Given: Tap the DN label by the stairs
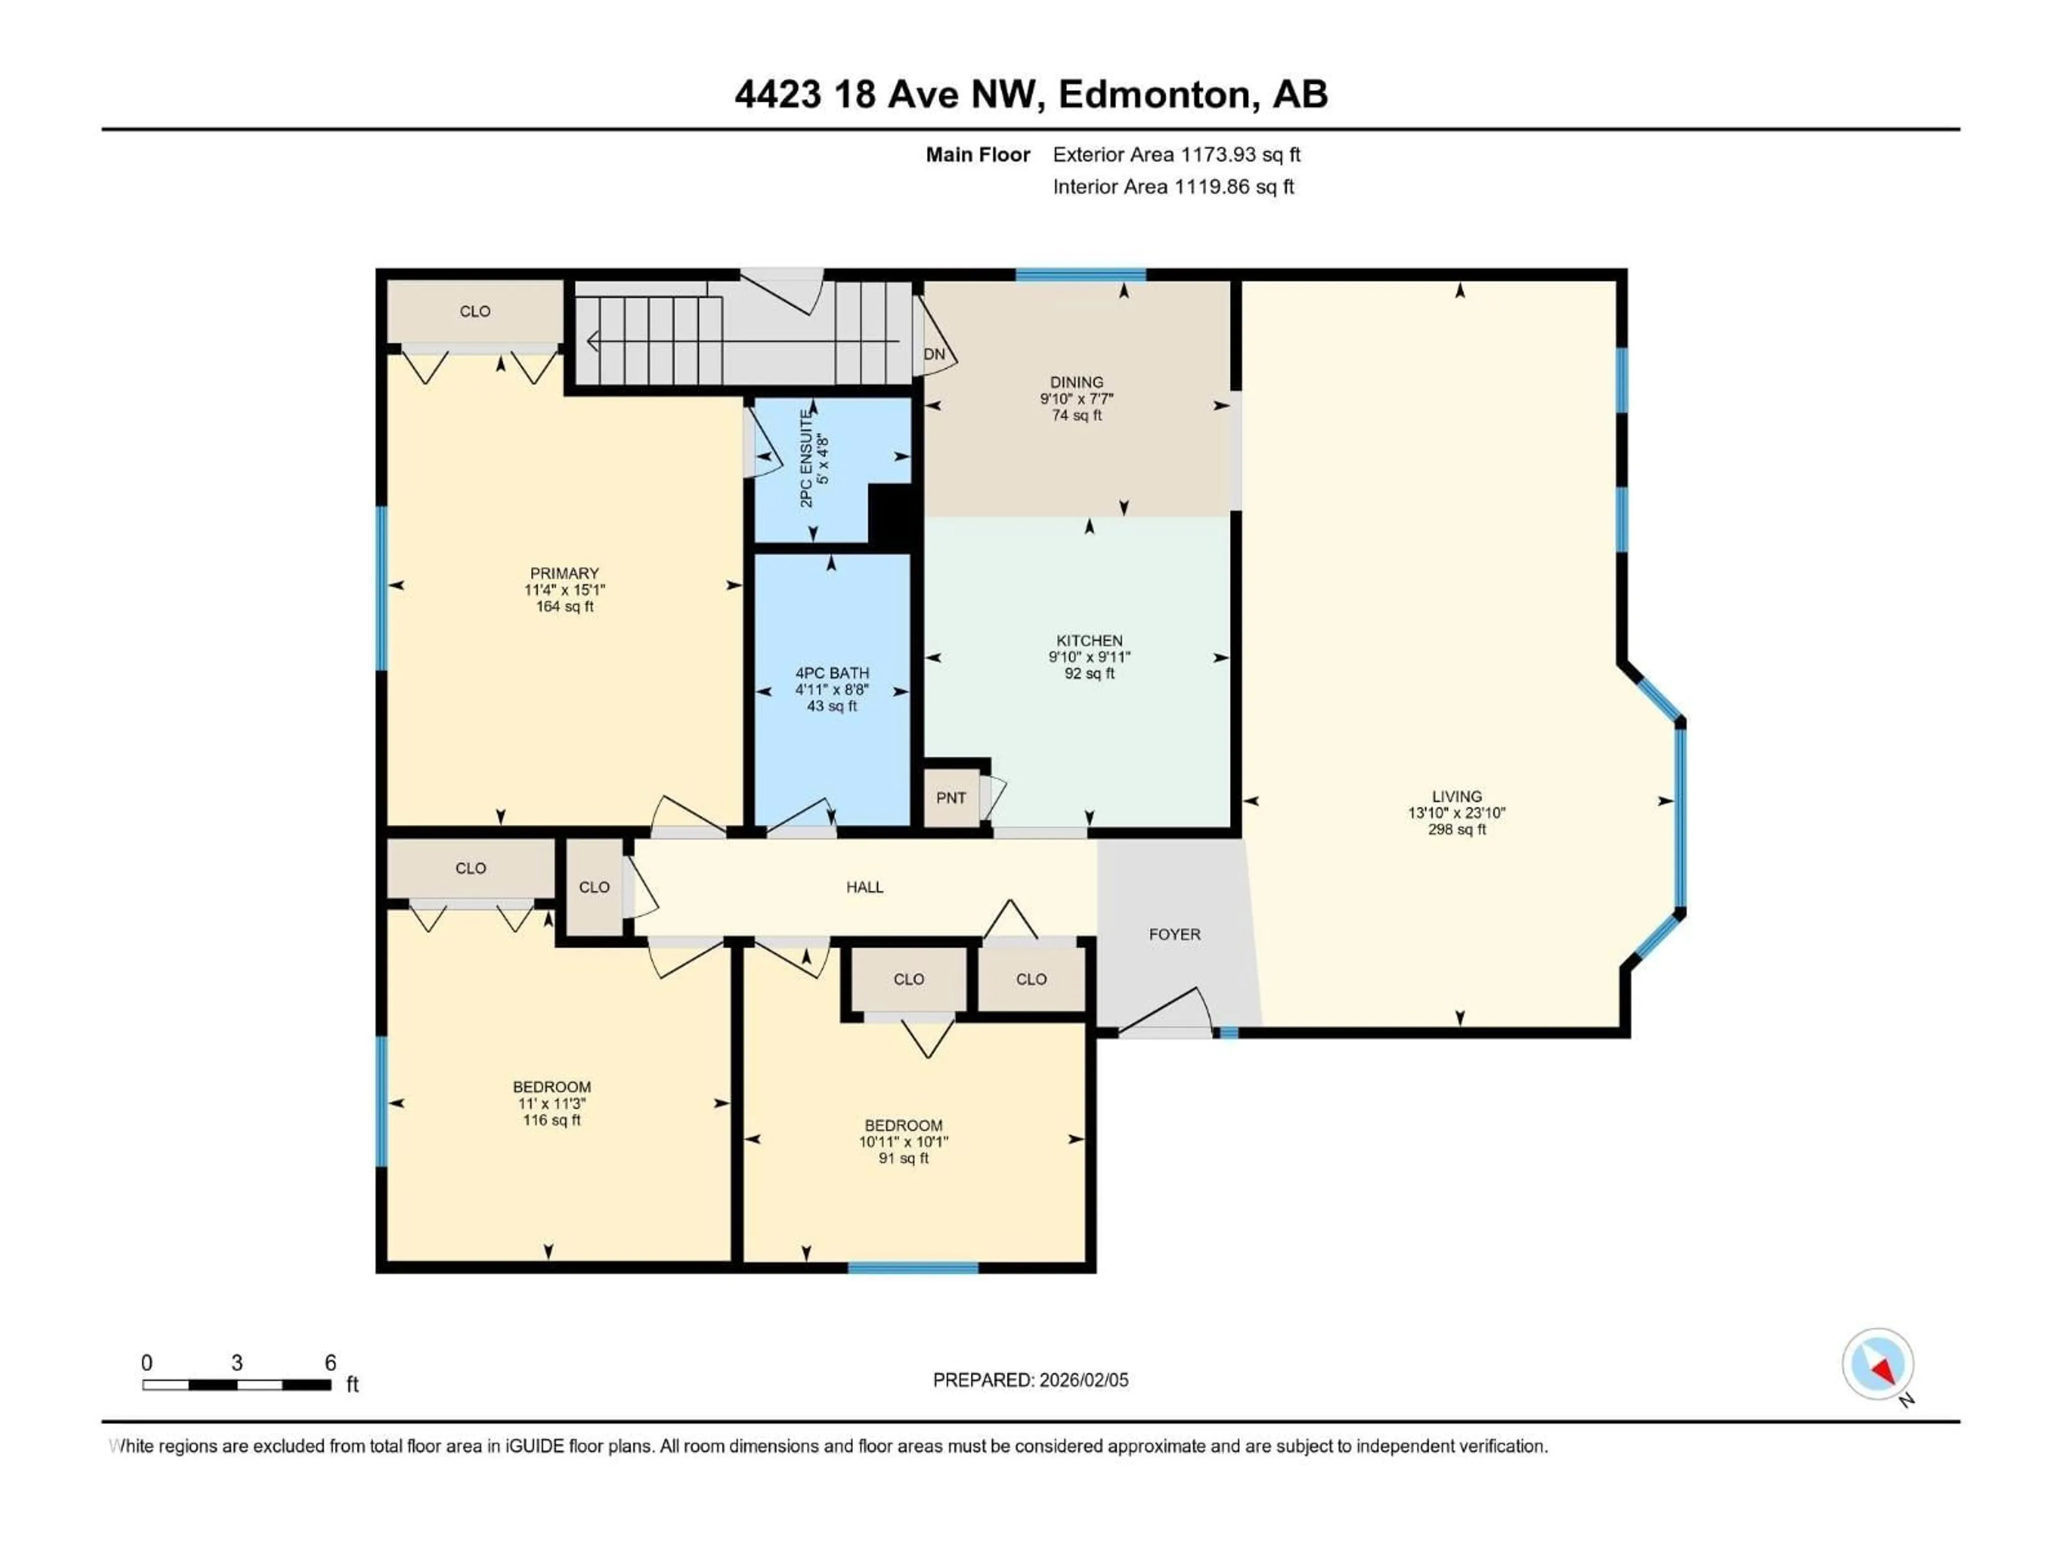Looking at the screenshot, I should click(934, 355).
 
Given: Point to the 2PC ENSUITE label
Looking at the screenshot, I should click(807, 458).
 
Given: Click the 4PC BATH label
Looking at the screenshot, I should click(831, 673).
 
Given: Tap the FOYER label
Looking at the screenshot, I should click(1174, 934).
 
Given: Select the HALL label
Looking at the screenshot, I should click(864, 887).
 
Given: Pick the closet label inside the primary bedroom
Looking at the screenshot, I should click(475, 312).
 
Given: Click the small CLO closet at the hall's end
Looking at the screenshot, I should click(594, 887).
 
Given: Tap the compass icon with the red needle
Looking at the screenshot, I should click(1878, 1364).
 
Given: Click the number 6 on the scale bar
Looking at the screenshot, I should click(330, 1362).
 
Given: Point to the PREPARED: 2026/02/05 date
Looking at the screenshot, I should click(1030, 1380).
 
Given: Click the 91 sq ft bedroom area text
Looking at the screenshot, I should click(903, 1158).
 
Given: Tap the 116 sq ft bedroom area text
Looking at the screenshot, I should click(551, 1120).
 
